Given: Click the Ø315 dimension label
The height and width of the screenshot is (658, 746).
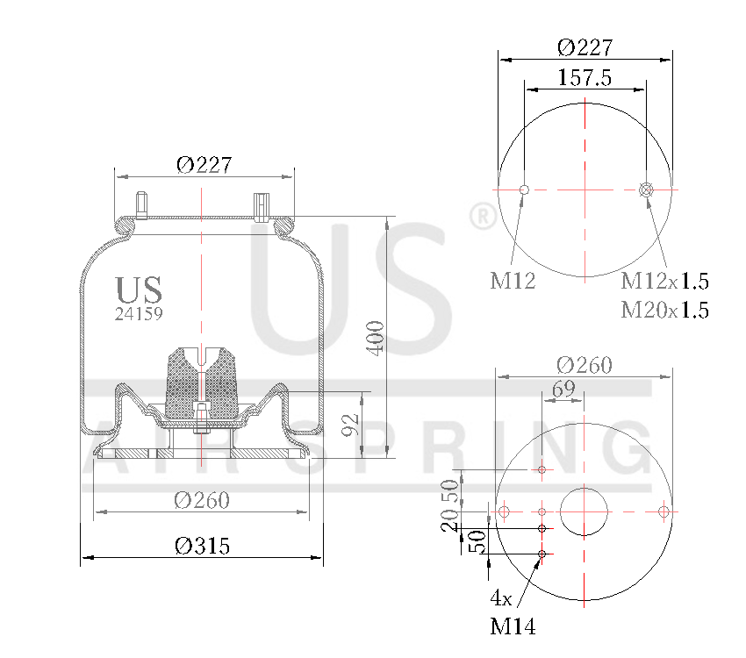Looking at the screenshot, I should pyautogui.click(x=202, y=546).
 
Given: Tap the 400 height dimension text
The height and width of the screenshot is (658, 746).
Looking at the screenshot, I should pyautogui.click(x=376, y=338).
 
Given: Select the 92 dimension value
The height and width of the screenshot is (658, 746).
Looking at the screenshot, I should pyautogui.click(x=350, y=426).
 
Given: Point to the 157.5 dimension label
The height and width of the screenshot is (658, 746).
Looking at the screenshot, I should pyautogui.click(x=585, y=78).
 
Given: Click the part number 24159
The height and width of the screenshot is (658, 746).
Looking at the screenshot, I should pyautogui.click(x=139, y=312).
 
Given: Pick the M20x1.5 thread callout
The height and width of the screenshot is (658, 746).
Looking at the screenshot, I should pyautogui.click(x=664, y=310).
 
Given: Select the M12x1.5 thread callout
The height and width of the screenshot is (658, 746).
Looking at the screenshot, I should pyautogui.click(x=664, y=282).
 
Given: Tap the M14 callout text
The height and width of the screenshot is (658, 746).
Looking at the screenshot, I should pyautogui.click(x=513, y=626).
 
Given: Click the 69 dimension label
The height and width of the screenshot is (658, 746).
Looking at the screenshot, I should pyautogui.click(x=563, y=390).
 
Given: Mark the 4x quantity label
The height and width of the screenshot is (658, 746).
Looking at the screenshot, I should pyautogui.click(x=501, y=598).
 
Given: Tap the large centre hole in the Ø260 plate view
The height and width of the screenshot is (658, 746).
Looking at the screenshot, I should pyautogui.click(x=585, y=511).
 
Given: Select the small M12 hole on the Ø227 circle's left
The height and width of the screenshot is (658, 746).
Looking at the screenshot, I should pyautogui.click(x=524, y=190).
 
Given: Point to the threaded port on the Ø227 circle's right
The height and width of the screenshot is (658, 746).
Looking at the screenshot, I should pyautogui.click(x=647, y=190).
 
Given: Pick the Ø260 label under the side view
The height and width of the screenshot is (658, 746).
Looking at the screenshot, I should pyautogui.click(x=202, y=500).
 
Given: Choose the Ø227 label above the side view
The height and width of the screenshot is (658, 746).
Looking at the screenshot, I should pyautogui.click(x=204, y=165).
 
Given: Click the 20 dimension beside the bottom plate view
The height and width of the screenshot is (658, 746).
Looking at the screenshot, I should pyautogui.click(x=449, y=523).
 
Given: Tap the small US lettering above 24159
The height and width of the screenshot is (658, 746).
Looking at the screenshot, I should pyautogui.click(x=139, y=289).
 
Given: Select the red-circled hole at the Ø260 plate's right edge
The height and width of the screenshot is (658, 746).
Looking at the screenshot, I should pyautogui.click(x=664, y=511).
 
